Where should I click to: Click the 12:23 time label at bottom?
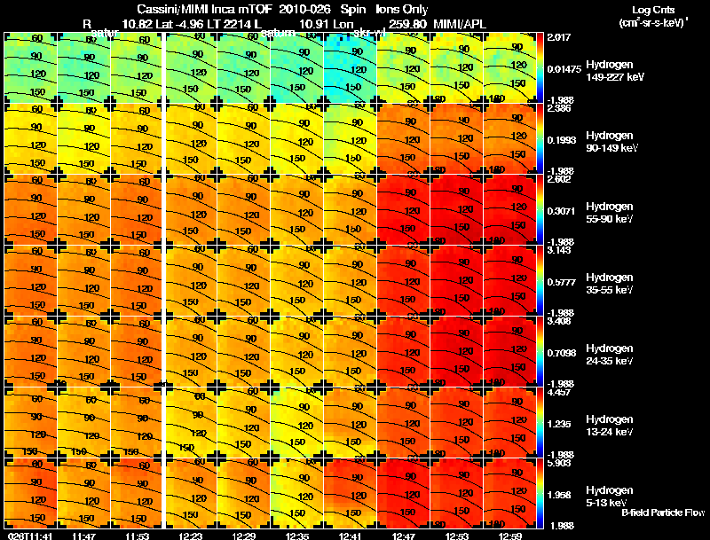pyautogui.click(x=191, y=535)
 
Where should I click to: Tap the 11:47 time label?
pyautogui.click(x=84, y=535)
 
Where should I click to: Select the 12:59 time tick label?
pyautogui.click(x=509, y=535)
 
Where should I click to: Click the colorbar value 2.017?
pyautogui.click(x=559, y=39)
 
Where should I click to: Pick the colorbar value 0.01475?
pyautogui.click(x=564, y=68)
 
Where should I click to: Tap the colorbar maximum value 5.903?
pyautogui.click(x=559, y=464)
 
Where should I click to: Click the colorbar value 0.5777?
pyautogui.click(x=562, y=282)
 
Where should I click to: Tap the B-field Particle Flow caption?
pyautogui.click(x=662, y=513)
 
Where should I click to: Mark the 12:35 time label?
pyautogui.click(x=297, y=535)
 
